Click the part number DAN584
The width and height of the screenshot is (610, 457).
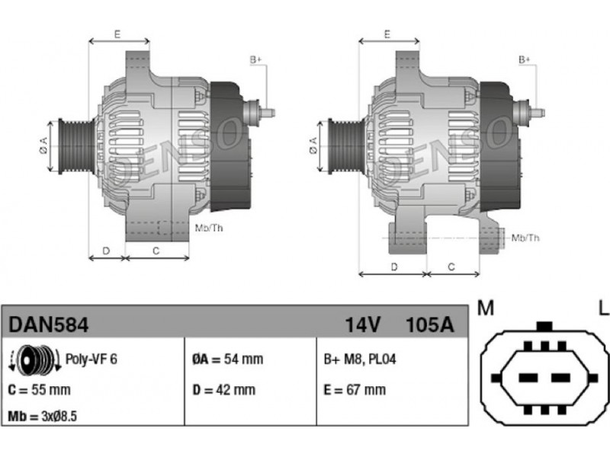[49, 325]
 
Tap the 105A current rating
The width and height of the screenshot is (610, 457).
[429, 325]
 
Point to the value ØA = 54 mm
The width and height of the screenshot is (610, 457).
[227, 359]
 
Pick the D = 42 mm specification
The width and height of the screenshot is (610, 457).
[224, 390]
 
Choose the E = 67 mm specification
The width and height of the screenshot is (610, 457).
[355, 390]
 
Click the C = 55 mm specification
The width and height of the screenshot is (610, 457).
[40, 390]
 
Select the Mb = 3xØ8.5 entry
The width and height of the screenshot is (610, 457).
[43, 417]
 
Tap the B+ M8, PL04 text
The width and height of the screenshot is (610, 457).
[360, 359]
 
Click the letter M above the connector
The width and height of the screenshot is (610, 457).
[486, 308]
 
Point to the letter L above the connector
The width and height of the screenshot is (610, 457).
[603, 308]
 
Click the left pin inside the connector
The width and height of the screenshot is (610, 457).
[528, 378]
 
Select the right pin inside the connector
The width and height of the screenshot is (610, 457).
[561, 378]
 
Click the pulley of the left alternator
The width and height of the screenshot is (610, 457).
[76, 146]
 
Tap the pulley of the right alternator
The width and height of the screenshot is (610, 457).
[346, 146]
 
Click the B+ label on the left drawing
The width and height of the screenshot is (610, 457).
[255, 60]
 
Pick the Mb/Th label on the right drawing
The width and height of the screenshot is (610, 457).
[525, 238]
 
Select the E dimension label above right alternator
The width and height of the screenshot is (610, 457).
[387, 34]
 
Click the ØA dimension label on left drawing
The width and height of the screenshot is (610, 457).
[43, 145]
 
